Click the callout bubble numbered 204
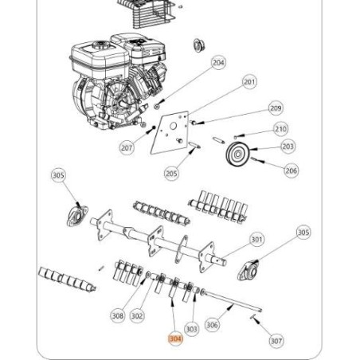click(x=218, y=62)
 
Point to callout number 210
click(x=280, y=128)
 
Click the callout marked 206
click(x=292, y=170)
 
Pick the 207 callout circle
click(x=127, y=148)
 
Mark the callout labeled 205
click(x=170, y=173)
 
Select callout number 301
click(x=256, y=239)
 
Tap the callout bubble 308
click(x=118, y=315)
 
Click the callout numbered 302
click(x=138, y=315)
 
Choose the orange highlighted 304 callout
click(x=174, y=338)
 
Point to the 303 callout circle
click(x=191, y=327)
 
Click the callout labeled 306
click(x=212, y=324)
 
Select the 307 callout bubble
click(x=276, y=341)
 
